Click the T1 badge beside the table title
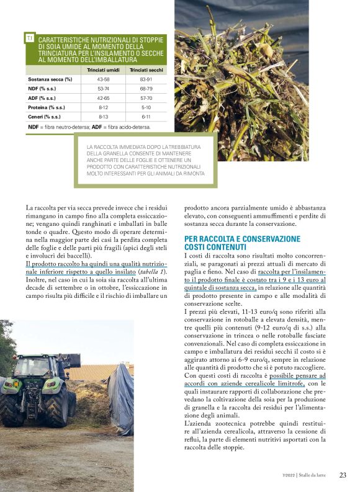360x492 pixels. coord(29,38)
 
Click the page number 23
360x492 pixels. coord(343,475)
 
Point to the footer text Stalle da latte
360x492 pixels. coord(316,476)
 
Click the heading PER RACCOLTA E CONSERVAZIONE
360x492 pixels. coord(243,239)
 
